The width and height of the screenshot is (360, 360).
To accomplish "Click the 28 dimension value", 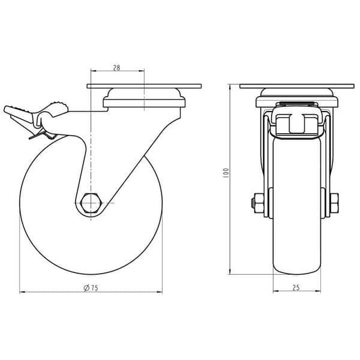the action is click(116, 68).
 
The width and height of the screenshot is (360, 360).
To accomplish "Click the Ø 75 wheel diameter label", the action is click(91, 288).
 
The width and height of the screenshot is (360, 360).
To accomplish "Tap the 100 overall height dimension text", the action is click(226, 173).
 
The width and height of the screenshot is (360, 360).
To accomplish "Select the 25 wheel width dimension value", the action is click(296, 287).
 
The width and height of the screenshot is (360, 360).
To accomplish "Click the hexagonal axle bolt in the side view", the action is click(91, 203).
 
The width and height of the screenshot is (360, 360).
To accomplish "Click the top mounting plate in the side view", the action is click(144, 86).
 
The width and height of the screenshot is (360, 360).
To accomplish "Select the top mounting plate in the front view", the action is click(296, 86).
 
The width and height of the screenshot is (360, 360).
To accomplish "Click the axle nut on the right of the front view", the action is click(335, 203).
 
